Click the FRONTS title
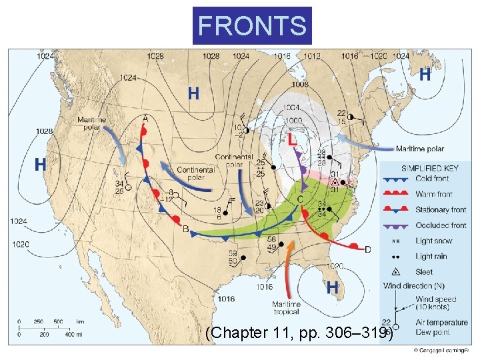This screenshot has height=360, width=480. point(252,25)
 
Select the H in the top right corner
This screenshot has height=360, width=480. point(424,75)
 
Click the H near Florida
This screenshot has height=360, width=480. point(332,287)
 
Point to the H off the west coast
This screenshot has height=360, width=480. point(40,164)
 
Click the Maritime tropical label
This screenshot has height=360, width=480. point(286,308)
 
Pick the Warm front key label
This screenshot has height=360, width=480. point(433,194)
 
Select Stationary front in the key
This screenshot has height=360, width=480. point(441,209)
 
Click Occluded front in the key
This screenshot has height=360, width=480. point(441,225)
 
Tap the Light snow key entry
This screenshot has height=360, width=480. point(433,241)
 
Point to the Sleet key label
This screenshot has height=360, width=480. point(424,272)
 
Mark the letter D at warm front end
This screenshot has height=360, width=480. point(367,249)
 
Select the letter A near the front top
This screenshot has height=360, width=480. point(145,118)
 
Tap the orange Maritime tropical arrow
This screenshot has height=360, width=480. point(288,267)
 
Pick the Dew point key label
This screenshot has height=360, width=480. point(432,331)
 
